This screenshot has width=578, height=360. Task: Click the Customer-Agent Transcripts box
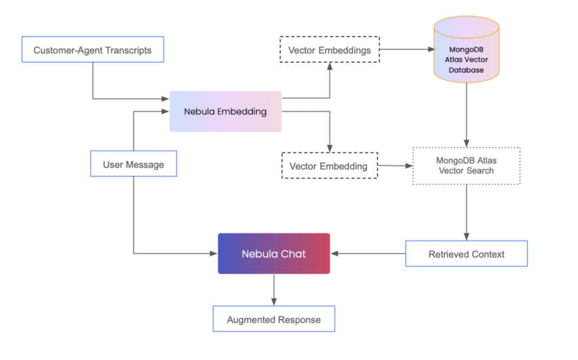coord(93,50)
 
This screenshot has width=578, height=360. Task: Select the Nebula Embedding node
coord(225,112)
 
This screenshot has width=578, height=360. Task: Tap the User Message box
coord(133,164)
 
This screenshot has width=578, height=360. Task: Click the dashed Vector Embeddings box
coord(330,50)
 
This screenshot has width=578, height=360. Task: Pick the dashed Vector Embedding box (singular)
coord(329,166)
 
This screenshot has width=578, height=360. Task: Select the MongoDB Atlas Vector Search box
coord(466,165)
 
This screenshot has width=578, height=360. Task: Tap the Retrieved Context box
coord(466,254)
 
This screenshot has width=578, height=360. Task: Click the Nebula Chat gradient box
coord(274,254)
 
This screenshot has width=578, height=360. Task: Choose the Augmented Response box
coord(274,319)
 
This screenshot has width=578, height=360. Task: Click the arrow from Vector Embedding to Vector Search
coord(395,166)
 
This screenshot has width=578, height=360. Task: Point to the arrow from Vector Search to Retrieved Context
coord(467,212)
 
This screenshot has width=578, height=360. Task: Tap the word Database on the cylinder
coord(466,70)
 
